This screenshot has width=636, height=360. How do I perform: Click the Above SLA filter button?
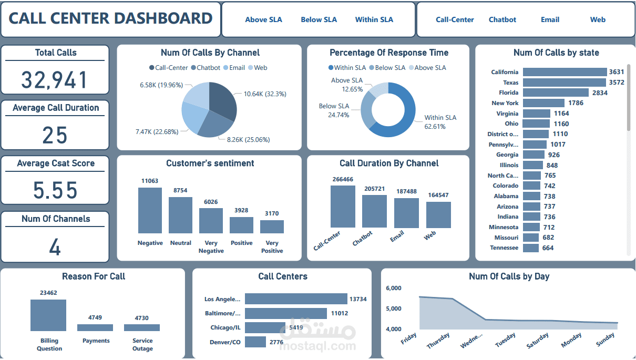click(x=263, y=20)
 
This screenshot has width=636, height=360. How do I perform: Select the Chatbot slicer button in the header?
click(x=502, y=20)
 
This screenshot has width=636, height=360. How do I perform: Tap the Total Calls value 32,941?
click(x=55, y=79)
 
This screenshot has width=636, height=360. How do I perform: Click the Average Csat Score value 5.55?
click(x=55, y=190)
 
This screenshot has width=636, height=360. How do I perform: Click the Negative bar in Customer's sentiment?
click(x=150, y=210)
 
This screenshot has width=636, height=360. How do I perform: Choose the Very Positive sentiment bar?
click(x=272, y=227)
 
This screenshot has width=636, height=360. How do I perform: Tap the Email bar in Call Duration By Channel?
click(x=406, y=213)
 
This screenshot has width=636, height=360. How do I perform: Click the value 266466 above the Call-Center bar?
click(x=343, y=179)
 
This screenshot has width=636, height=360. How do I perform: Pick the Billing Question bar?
click(x=48, y=315)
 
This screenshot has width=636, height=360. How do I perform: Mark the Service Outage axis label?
click(x=142, y=344)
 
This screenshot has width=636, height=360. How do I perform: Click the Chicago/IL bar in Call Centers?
click(x=258, y=327)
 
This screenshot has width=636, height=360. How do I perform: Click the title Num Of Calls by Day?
click(x=509, y=276)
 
